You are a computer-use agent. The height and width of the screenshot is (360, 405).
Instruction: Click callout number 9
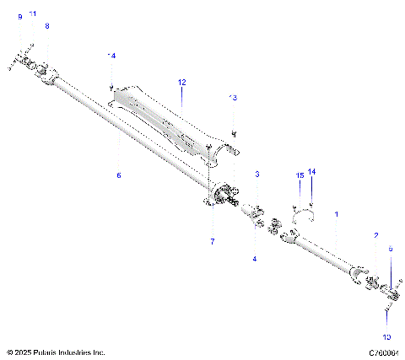click(x=19, y=17)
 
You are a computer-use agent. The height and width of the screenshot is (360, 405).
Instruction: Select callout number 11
click(x=33, y=14)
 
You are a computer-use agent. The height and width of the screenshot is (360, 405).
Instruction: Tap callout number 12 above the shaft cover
click(x=181, y=82)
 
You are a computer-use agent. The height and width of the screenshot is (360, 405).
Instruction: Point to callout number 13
click(x=234, y=98)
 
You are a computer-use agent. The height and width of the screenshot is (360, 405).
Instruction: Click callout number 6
click(x=119, y=175)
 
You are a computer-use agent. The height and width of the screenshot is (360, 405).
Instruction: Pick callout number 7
click(x=213, y=242)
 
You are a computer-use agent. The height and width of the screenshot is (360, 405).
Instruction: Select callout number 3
click(x=257, y=173)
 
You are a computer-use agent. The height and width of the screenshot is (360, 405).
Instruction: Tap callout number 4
click(x=254, y=259)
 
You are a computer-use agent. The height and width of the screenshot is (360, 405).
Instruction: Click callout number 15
click(x=299, y=175)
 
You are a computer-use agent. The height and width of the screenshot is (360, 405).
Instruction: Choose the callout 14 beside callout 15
click(x=311, y=171)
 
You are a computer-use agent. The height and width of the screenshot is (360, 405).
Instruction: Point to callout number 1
click(x=337, y=215)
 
